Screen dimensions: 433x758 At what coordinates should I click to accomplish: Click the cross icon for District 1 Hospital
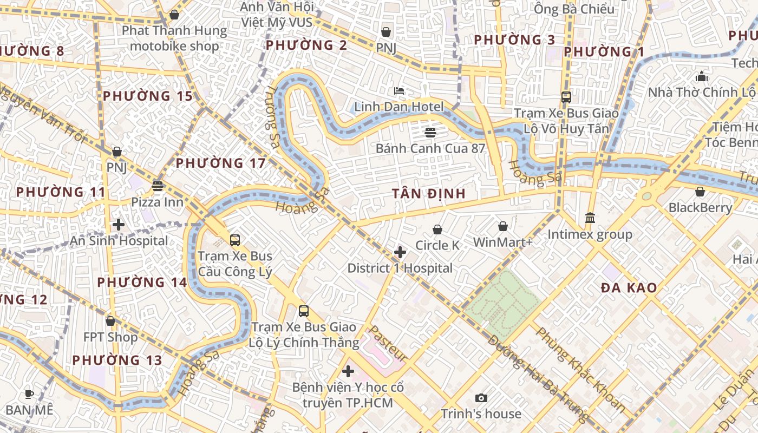(x=400, y=252)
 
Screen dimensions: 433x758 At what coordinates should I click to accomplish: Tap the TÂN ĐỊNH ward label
(x=429, y=194)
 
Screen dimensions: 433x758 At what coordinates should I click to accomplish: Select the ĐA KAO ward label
(x=629, y=288)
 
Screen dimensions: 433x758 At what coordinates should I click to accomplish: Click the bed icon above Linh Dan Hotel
(x=399, y=91)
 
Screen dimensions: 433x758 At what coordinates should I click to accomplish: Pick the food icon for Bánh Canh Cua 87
(x=430, y=133)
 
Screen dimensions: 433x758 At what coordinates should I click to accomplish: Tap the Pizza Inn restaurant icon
(x=158, y=187)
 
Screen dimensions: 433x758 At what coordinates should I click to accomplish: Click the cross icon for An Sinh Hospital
(x=119, y=225)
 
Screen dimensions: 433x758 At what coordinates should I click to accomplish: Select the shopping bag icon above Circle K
(x=437, y=230)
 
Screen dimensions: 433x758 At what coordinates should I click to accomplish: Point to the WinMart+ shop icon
(x=503, y=226)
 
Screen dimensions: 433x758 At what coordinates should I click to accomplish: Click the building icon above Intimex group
(x=590, y=218)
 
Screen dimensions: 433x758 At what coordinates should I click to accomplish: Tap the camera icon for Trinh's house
(x=481, y=398)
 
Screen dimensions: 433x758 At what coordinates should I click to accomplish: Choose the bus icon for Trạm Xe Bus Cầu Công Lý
(x=235, y=240)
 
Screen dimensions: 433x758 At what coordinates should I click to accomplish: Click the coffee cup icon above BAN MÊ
(x=29, y=394)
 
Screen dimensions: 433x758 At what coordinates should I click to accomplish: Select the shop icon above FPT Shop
(x=110, y=321)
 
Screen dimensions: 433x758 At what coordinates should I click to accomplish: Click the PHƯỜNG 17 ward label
(x=221, y=163)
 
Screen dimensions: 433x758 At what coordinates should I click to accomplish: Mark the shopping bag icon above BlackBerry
(x=700, y=192)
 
